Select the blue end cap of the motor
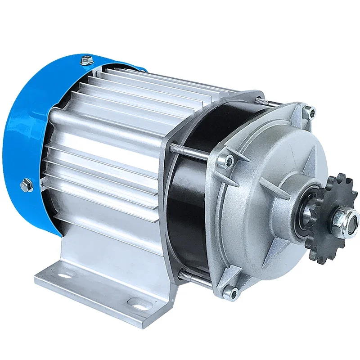[31, 135]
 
